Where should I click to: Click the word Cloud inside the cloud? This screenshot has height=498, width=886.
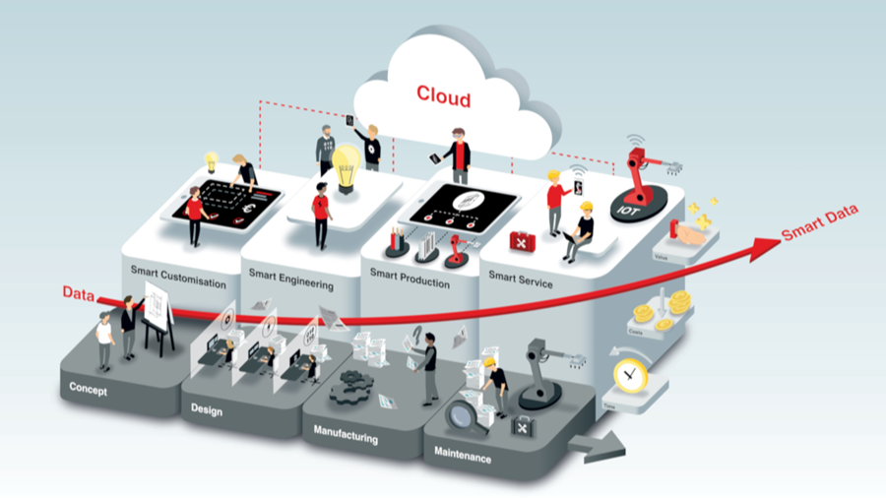(443, 96)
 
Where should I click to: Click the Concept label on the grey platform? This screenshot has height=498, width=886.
(88, 388)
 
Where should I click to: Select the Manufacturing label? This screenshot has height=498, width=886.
(346, 434)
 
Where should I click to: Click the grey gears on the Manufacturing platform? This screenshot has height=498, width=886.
(354, 386)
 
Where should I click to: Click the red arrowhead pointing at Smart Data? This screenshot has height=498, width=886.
(762, 247)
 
